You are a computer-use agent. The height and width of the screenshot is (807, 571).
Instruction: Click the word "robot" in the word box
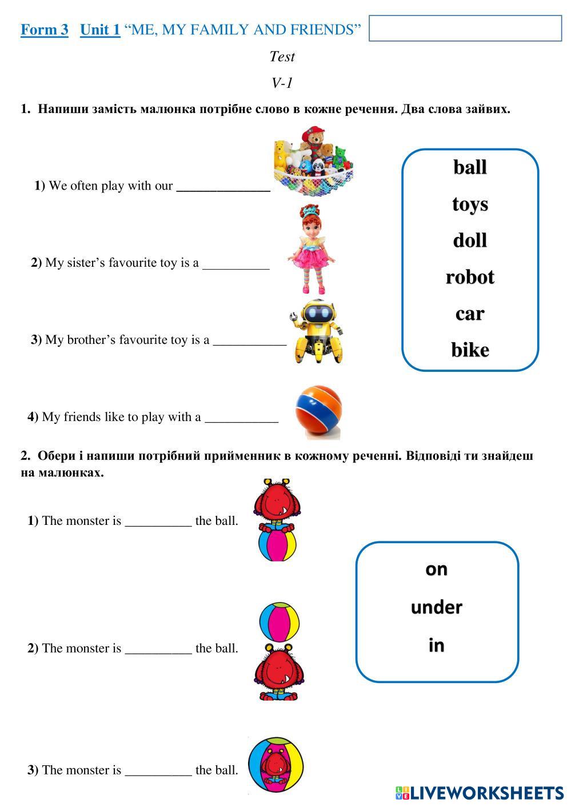pyautogui.click(x=470, y=277)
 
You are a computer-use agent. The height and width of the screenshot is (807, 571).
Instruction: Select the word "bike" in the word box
pyautogui.click(x=470, y=350)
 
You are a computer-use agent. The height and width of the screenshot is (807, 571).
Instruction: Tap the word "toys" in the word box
pyautogui.click(x=470, y=204)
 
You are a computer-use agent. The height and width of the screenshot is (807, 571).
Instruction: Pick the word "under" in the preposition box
pyautogui.click(x=437, y=607)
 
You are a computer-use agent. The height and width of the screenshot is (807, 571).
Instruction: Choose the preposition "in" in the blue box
pyautogui.click(x=437, y=645)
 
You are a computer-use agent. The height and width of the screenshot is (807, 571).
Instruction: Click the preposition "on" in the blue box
pyautogui.click(x=437, y=569)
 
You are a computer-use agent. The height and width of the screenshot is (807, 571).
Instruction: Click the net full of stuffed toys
pyautogui.click(x=312, y=161)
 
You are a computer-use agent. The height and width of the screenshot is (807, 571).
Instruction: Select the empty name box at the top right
pyautogui.click(x=465, y=28)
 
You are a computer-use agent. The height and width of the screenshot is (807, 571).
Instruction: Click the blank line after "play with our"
pyautogui.click(x=223, y=186)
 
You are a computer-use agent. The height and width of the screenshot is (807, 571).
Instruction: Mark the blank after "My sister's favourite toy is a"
pyautogui.click(x=235, y=264)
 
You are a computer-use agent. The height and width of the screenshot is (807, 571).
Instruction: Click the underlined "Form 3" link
pyautogui.click(x=45, y=30)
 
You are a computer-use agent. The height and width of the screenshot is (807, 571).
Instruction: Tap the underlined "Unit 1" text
pyautogui.click(x=100, y=30)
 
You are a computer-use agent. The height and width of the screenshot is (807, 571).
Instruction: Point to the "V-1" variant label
pyautogui.click(x=282, y=83)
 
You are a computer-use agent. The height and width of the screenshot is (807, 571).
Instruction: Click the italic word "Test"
pyautogui.click(x=282, y=57)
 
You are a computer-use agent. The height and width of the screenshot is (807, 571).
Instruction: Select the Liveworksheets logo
pyautogui.click(x=479, y=792)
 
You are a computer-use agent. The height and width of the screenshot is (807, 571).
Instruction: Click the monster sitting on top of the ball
pyautogui.click(x=277, y=503)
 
